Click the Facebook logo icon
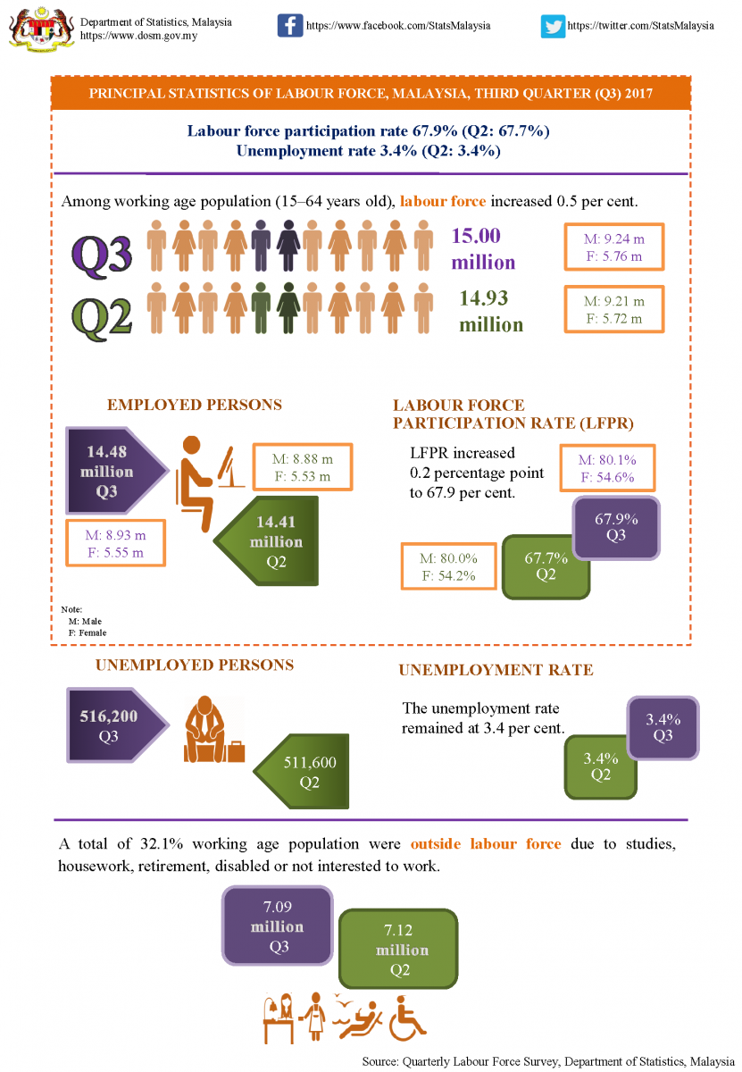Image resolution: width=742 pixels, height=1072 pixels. point(290,25)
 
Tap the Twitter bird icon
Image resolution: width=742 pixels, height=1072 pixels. point(553,26)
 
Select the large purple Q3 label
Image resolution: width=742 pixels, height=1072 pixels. point(102,253)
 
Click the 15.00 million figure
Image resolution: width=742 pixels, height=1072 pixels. point(483,249)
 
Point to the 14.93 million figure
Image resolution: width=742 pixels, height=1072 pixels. point(490,311)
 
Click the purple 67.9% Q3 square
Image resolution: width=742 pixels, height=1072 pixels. point(616,526)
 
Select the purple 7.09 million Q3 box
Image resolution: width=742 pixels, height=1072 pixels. point(278,926)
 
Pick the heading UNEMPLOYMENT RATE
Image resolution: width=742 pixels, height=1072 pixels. point(496,670)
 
